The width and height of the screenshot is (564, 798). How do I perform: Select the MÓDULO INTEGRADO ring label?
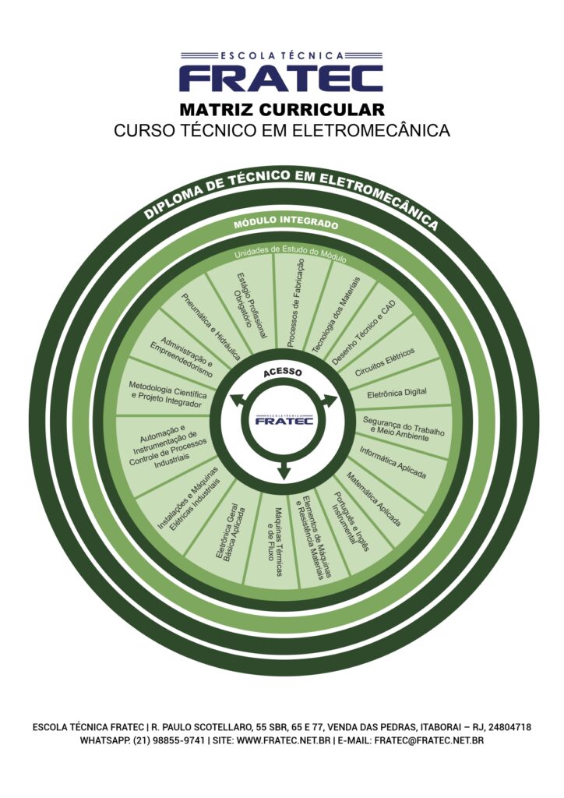286,224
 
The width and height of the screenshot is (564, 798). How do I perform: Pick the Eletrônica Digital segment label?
396,392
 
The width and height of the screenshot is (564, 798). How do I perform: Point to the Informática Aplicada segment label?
392,462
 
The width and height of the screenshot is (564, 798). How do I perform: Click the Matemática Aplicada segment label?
373,498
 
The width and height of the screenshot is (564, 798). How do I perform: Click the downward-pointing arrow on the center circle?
284,470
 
